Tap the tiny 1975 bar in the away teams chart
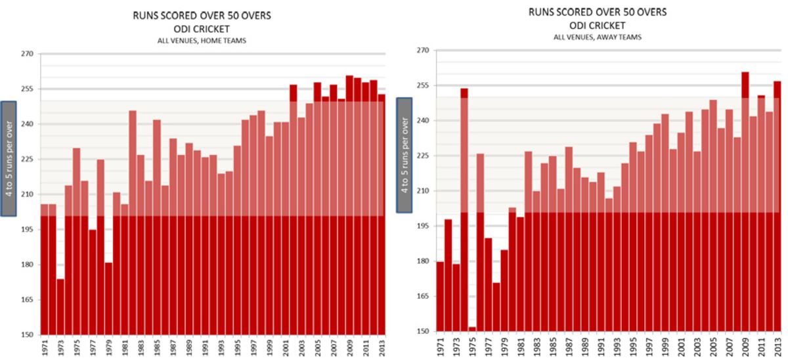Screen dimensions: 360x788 coord(473,329)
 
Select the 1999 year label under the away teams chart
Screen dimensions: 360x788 coord(665,346)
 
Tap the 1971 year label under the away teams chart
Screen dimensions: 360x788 coord(441,346)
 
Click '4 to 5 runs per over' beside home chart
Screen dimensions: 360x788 coord(9,158)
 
